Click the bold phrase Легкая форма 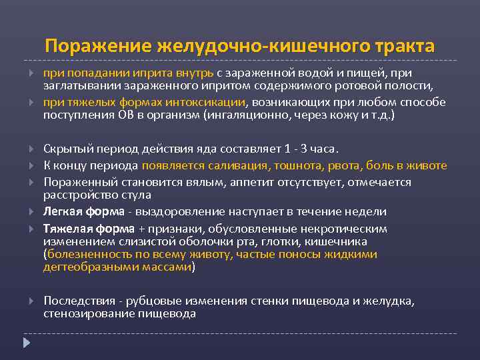(x=83, y=211)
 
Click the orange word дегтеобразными (x=83, y=267)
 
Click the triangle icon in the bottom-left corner (x=27, y=343)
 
